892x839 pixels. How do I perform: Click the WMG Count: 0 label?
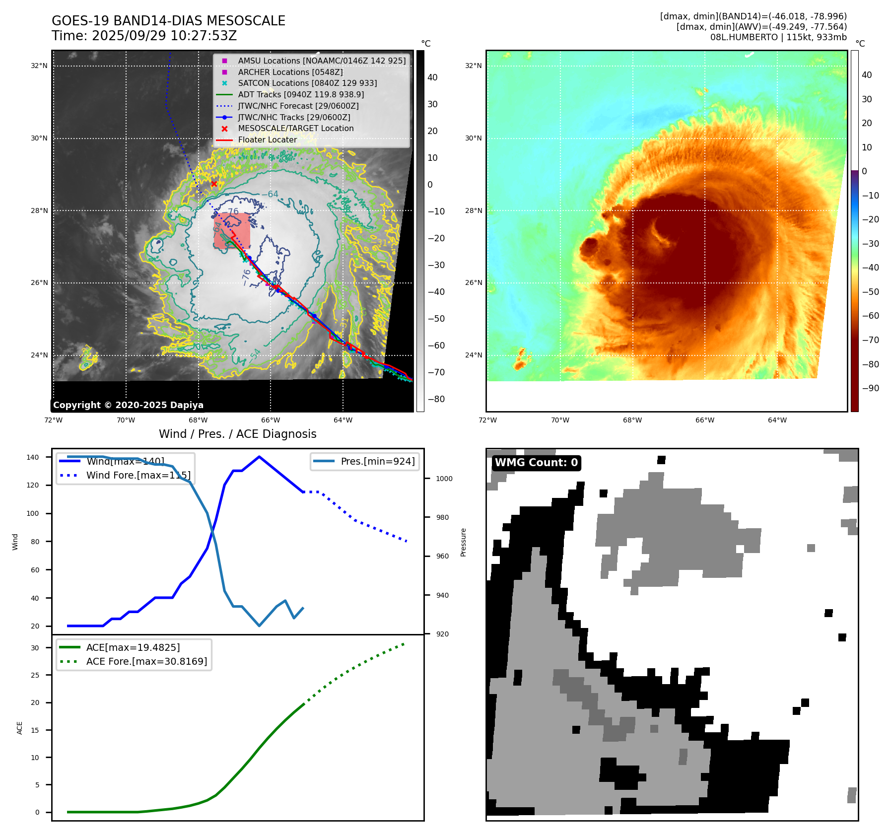coord(536,463)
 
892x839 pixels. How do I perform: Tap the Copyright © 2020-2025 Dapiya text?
coord(128,405)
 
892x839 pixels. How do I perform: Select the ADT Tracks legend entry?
coord(301,94)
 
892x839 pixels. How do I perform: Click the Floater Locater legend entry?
coord(267,140)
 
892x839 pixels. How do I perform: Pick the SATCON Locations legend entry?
coord(307,83)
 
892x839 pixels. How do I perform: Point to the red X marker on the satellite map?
coord(214,184)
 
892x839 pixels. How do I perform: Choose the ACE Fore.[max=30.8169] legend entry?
coord(146,661)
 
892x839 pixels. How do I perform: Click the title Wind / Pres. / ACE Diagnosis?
coord(237,434)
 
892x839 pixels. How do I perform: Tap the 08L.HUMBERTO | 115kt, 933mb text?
coord(778,37)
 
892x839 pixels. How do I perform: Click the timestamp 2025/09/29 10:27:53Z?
coord(164,36)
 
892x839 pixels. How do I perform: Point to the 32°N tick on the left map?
coord(39,66)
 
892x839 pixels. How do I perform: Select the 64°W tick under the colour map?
coord(777,420)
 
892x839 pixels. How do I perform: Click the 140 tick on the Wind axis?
coord(33,457)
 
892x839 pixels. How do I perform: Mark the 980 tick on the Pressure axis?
coord(442,517)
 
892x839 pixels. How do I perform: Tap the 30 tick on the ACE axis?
coord(35,648)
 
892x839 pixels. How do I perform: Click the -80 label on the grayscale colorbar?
coord(436,399)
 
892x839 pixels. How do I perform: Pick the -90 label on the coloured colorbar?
coord(870,388)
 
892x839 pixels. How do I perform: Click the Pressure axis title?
coord(463,542)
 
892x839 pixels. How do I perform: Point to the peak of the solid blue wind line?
coord(259,457)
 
